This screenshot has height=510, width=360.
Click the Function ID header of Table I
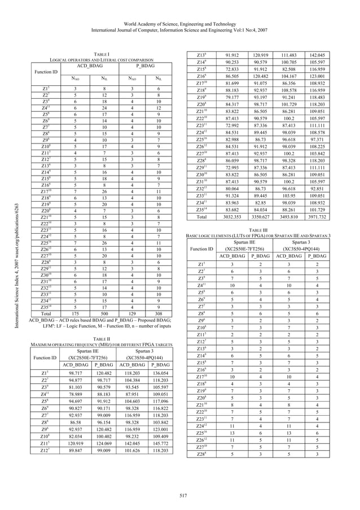46,72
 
